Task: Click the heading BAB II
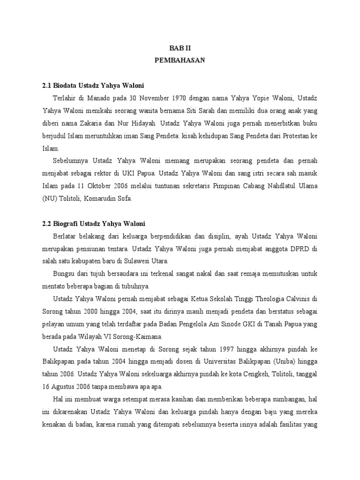[180, 48]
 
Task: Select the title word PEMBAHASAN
[180, 60]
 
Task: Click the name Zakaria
[97, 125]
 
